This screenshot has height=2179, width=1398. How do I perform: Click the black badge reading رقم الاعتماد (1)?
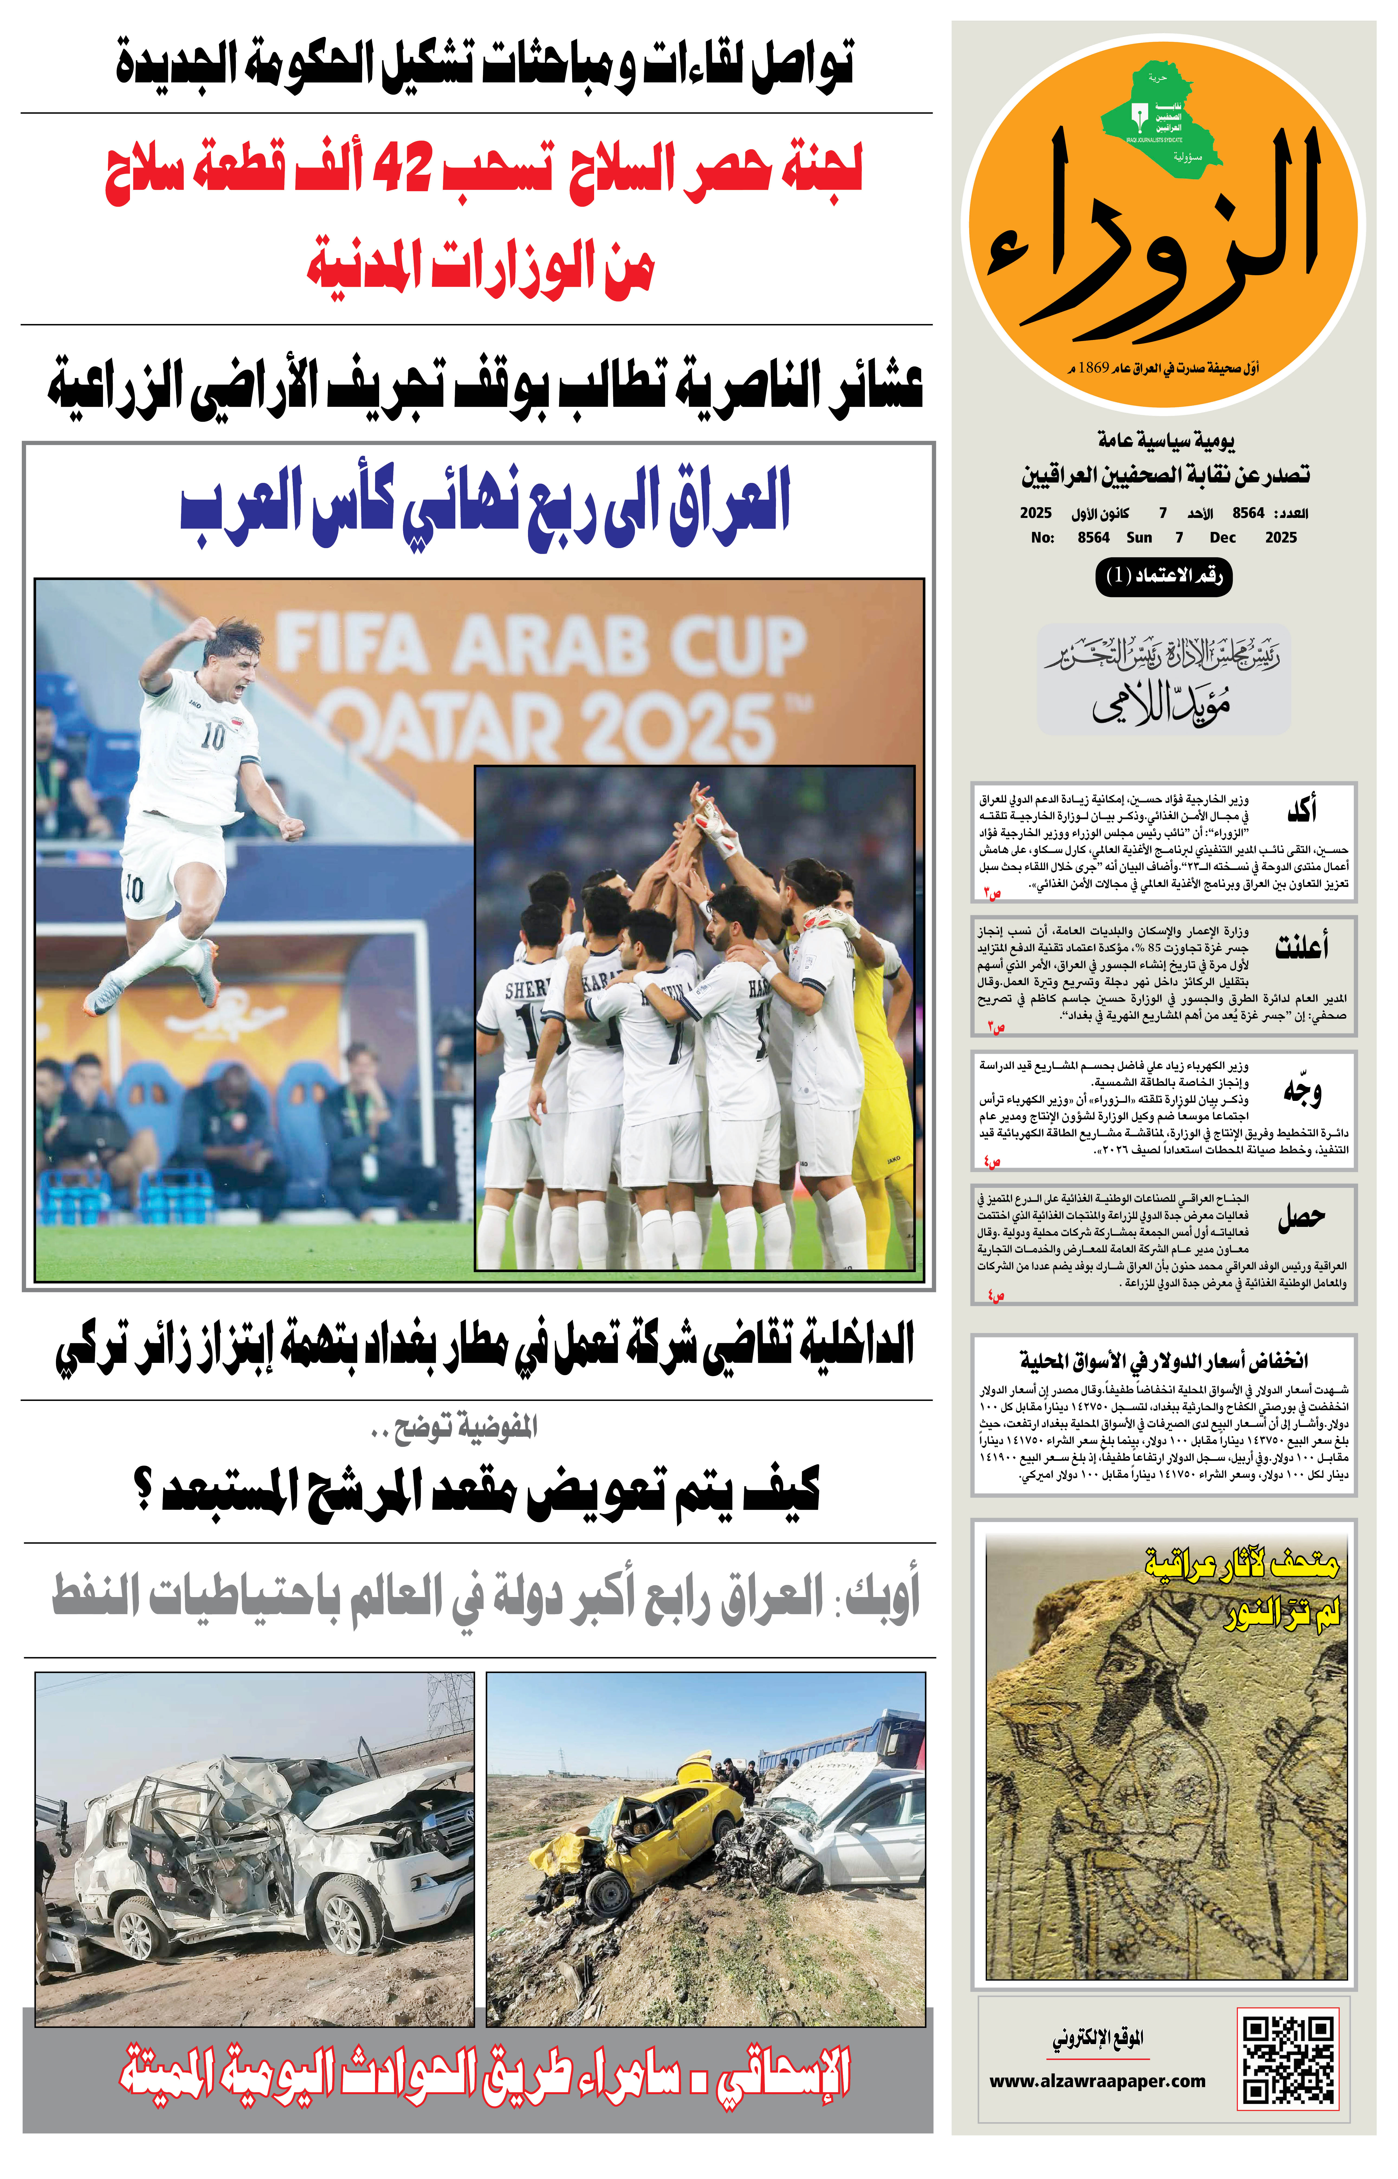(x=1164, y=576)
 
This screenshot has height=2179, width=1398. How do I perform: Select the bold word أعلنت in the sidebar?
(x=1301, y=947)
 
